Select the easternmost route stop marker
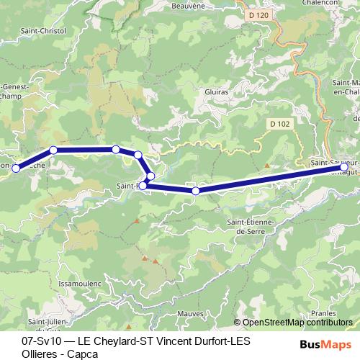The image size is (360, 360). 344,167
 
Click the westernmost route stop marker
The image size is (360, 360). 16,168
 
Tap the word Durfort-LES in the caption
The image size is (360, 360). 223,339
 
